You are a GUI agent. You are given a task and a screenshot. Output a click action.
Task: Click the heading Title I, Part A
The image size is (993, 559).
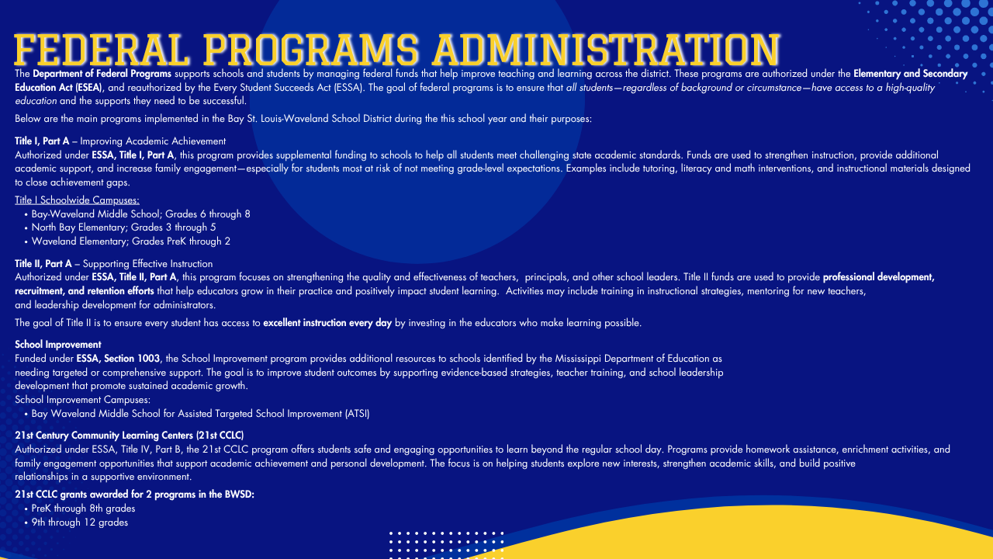(42, 141)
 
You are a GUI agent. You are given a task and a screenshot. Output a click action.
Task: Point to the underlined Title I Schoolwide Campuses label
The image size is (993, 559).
(77, 200)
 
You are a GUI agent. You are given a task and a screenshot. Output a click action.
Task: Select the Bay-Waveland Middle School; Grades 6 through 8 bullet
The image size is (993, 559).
(140, 214)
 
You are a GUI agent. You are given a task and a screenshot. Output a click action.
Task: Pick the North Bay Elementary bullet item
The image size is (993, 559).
(123, 227)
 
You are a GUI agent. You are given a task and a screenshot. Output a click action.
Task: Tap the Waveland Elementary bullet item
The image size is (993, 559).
(130, 241)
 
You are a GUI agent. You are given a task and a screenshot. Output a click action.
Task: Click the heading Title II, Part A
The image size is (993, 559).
(43, 264)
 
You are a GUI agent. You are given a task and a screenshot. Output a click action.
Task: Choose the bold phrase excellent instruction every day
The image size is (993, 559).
(327, 323)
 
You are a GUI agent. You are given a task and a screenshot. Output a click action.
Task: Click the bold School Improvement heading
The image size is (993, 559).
(58, 345)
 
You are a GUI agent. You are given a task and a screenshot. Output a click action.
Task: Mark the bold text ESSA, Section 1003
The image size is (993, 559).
(118, 359)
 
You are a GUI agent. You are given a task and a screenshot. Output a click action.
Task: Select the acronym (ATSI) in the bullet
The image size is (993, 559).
(357, 414)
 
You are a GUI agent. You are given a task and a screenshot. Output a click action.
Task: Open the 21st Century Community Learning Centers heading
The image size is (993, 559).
(130, 435)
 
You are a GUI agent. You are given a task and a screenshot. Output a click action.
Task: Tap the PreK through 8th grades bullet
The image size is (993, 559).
(83, 509)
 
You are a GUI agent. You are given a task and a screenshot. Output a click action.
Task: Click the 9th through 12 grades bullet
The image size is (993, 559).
(79, 523)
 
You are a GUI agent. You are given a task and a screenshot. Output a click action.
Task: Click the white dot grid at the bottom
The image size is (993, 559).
(446, 543)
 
